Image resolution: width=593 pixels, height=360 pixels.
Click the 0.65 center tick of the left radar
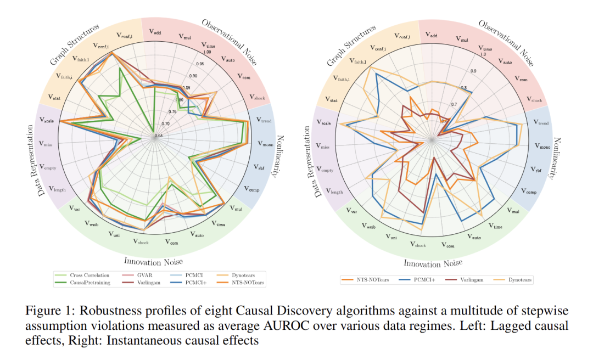click(x=159, y=135)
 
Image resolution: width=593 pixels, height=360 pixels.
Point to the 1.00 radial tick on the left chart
click(x=207, y=52)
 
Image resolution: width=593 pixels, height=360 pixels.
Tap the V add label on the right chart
click(x=432, y=35)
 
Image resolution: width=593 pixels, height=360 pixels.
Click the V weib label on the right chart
click(x=367, y=226)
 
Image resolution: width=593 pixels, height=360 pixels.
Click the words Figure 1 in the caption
click(x=45, y=311)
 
